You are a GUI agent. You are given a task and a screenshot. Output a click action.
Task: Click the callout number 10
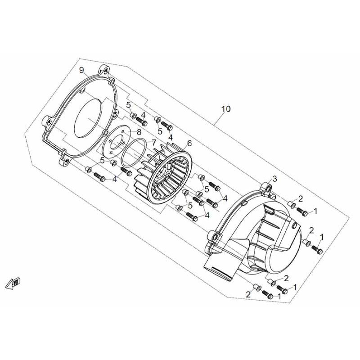pyautogui.click(x=226, y=109)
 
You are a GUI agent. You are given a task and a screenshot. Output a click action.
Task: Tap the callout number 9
pyautogui.click(x=82, y=70)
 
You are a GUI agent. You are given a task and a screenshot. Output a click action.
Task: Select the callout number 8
pyautogui.click(x=139, y=132)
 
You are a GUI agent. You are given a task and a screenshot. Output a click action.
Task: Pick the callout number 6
pyautogui.click(x=189, y=144)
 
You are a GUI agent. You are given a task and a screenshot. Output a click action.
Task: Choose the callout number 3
pyautogui.click(x=275, y=178)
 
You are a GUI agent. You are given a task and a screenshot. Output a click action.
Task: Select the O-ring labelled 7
pyautogui.click(x=134, y=153)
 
